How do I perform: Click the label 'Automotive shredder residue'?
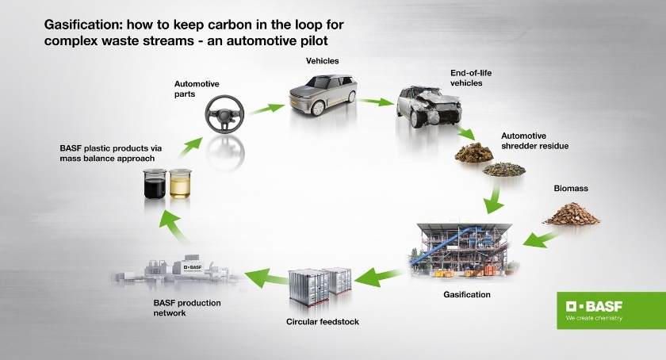(535, 140)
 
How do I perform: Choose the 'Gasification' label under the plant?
(466, 295)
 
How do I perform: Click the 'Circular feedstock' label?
(320, 322)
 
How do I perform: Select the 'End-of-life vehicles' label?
(472, 77)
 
